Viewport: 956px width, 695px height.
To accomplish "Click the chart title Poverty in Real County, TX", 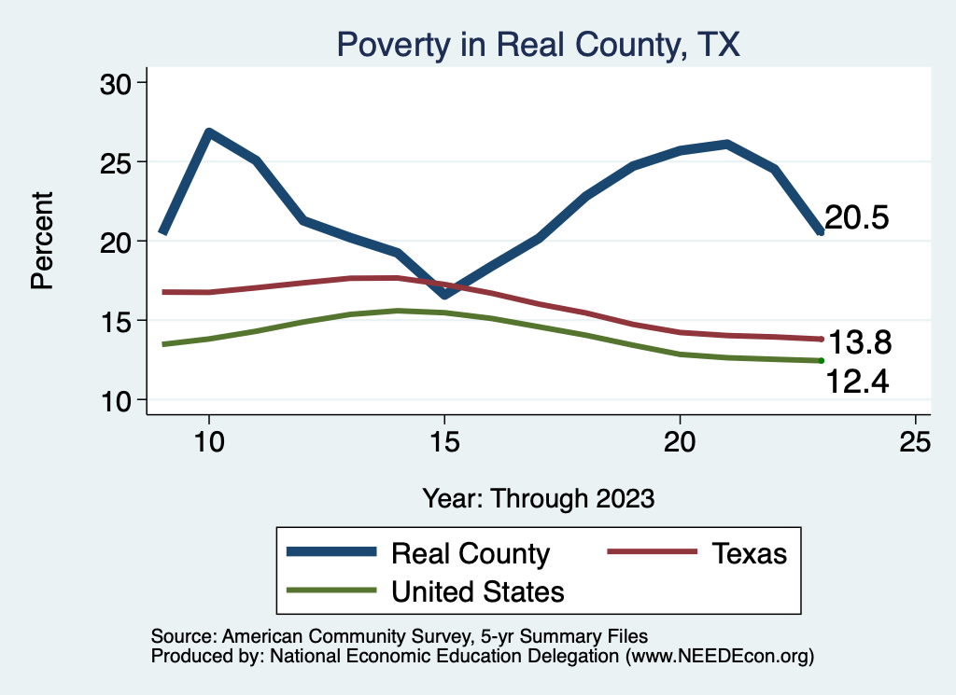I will click(x=538, y=45).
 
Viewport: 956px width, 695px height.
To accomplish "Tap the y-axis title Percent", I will click(x=42, y=241).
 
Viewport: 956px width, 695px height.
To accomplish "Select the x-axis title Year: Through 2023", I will click(x=538, y=497).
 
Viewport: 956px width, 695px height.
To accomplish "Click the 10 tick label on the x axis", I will click(x=209, y=443).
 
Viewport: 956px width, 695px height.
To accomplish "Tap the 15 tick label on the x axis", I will click(x=444, y=443).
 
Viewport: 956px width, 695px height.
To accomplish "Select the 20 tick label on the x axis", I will click(x=680, y=443).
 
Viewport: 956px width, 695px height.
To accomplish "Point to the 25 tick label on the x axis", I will click(x=915, y=443).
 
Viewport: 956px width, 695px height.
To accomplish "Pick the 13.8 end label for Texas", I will click(x=861, y=343).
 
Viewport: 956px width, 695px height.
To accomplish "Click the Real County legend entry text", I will click(x=470, y=553).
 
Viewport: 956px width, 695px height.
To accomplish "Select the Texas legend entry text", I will click(x=750, y=553).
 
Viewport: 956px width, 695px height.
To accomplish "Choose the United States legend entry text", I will click(x=477, y=591).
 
